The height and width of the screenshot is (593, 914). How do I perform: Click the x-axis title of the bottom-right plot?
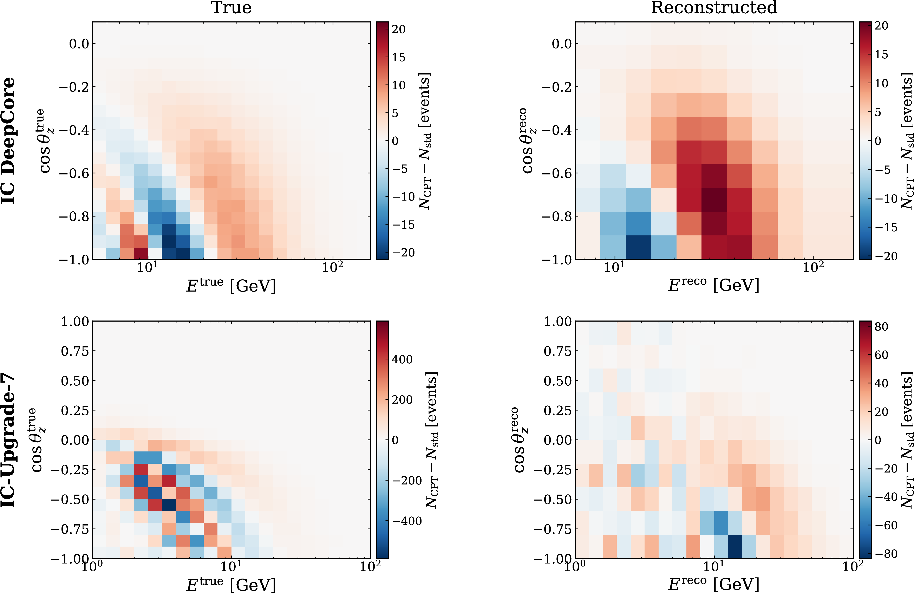(x=714, y=584)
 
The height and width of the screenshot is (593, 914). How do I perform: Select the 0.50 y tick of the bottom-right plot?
(x=558, y=381)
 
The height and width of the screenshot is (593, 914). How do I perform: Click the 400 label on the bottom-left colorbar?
(x=402, y=359)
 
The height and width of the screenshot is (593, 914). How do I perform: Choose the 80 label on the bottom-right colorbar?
(x=881, y=326)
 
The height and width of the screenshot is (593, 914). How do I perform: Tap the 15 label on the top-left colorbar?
(x=399, y=57)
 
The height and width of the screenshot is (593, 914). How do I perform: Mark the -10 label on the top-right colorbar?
(x=886, y=198)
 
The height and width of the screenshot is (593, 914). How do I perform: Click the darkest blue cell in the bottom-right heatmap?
(x=735, y=546)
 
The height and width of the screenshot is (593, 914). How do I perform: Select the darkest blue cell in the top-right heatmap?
(x=638, y=247)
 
